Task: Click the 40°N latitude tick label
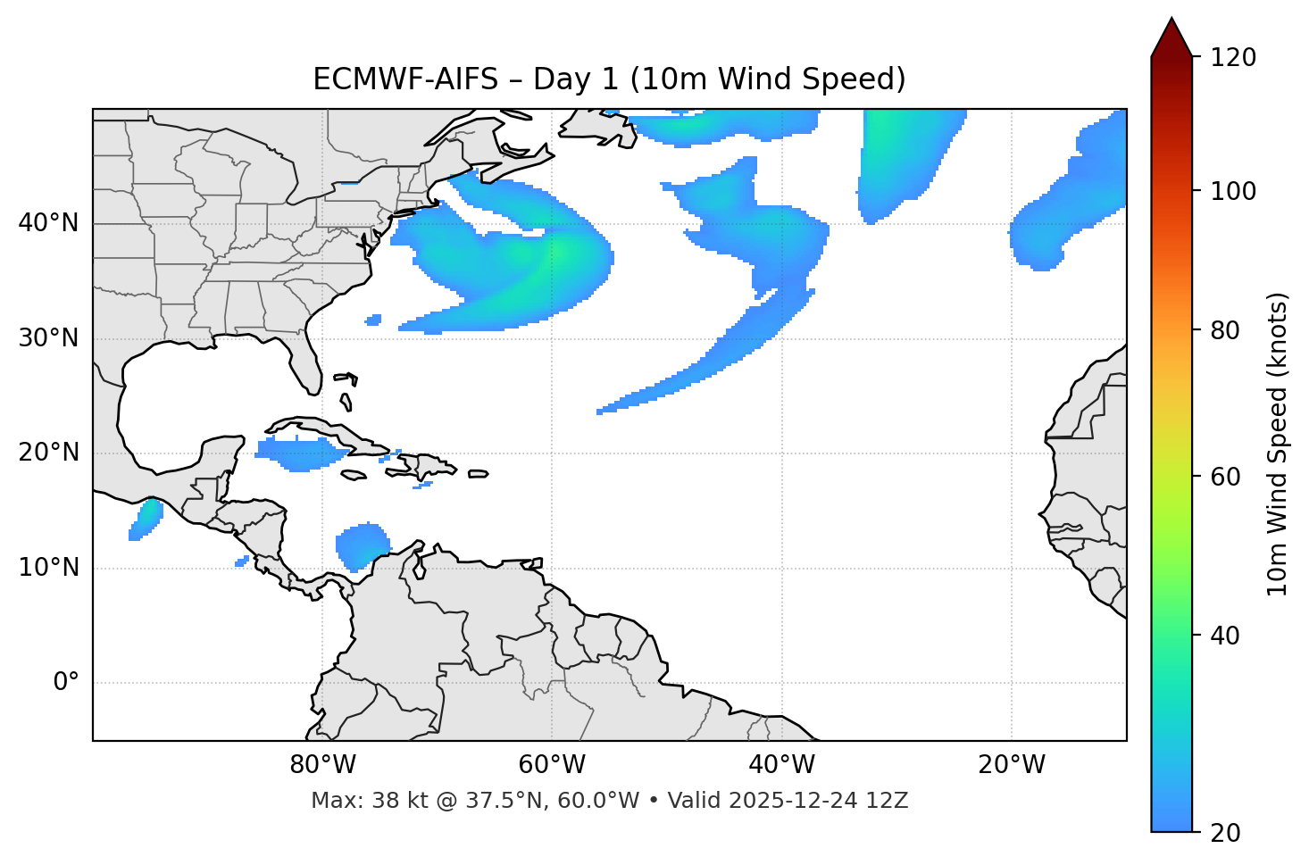click(x=48, y=223)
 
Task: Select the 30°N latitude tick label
click(x=48, y=338)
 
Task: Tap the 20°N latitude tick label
click(x=48, y=453)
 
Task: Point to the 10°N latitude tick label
click(x=48, y=568)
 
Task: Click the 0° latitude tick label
click(x=66, y=683)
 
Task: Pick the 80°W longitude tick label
click(x=322, y=765)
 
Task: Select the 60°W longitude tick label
click(x=552, y=765)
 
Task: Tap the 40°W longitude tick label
click(x=781, y=765)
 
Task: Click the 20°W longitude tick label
click(x=1012, y=765)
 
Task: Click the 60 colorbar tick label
click(x=1229, y=477)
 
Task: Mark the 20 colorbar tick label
click(x=1229, y=832)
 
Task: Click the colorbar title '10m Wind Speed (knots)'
click(x=1278, y=445)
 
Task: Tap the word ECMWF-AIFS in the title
click(x=404, y=79)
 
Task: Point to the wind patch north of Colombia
click(x=362, y=545)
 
